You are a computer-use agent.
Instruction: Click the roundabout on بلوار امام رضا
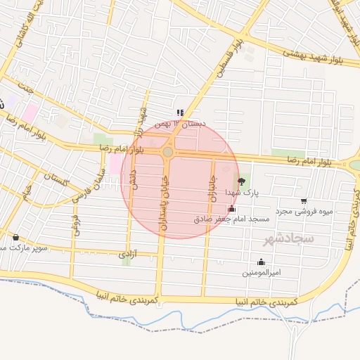pos(168,152)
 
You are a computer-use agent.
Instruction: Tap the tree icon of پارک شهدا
pos(242,181)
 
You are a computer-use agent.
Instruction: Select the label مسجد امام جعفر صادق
pos(232,219)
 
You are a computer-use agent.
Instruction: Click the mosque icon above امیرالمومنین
pos(262,262)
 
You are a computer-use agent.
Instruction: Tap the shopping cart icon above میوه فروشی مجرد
pos(304,200)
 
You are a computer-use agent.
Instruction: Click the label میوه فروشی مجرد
pos(302,210)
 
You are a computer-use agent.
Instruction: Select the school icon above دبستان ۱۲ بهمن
pos(181,112)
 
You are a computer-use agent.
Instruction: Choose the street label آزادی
pos(127,253)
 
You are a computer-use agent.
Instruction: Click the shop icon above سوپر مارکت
pos(15,237)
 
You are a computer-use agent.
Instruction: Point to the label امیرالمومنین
pos(262,272)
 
